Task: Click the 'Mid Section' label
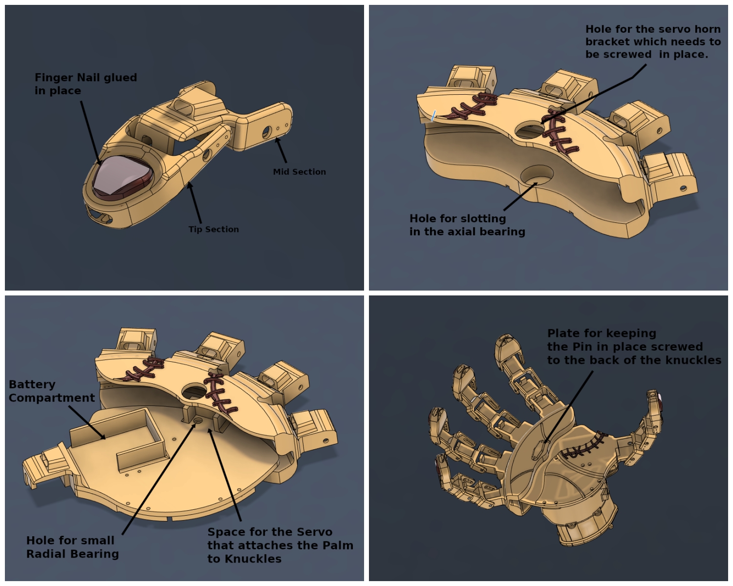click(x=300, y=171)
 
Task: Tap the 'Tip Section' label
click(x=214, y=229)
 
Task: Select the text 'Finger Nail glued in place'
click(x=86, y=84)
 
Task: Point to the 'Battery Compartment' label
click(x=51, y=391)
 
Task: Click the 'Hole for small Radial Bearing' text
click(x=72, y=547)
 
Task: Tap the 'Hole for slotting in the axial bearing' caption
click(x=467, y=225)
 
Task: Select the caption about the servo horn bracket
click(x=653, y=42)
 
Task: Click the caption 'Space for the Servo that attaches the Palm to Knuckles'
click(x=280, y=545)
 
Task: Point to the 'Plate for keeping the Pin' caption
click(x=634, y=346)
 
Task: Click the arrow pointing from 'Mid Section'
click(x=281, y=150)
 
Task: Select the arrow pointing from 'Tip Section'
click(x=194, y=202)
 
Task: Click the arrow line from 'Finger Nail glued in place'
click(x=91, y=133)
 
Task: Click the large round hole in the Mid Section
click(x=267, y=132)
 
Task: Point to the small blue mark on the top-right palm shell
click(x=433, y=115)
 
